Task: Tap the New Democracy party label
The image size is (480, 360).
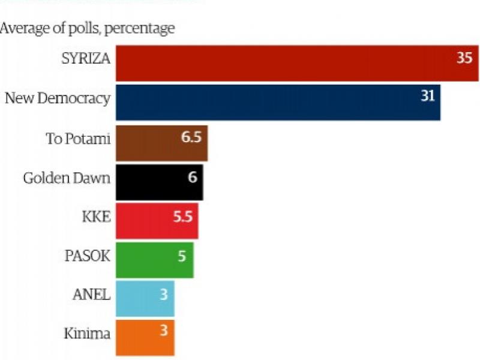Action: coord(58,98)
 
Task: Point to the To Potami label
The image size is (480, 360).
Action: coord(79,139)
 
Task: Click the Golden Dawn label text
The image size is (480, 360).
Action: coord(67,178)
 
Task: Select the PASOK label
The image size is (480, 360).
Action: coord(88,256)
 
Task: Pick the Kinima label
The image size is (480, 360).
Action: coord(87,334)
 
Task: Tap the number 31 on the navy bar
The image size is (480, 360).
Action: coord(427,96)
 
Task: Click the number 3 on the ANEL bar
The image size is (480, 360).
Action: coord(163,294)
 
